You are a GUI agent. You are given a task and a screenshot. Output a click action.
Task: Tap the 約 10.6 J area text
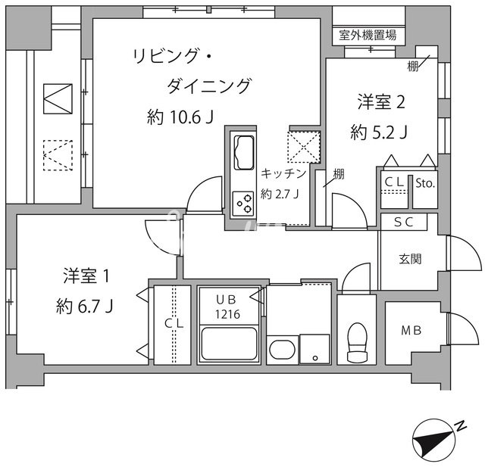[x=180, y=117]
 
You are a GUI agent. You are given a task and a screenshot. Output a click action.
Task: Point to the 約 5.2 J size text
[x=380, y=132]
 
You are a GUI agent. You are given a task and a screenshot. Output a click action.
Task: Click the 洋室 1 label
[x=86, y=276]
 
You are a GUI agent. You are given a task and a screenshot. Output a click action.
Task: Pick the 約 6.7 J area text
[x=85, y=307]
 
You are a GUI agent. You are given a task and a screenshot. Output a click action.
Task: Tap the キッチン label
[x=283, y=173]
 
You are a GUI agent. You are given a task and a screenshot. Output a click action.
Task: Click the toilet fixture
[x=355, y=343]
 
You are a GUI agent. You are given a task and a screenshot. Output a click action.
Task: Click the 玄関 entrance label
[x=411, y=259]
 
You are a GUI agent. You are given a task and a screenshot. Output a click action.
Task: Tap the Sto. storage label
[x=424, y=182]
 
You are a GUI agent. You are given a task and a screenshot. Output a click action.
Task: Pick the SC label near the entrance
[x=402, y=222]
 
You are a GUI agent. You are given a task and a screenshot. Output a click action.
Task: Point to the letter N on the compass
[x=461, y=428]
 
